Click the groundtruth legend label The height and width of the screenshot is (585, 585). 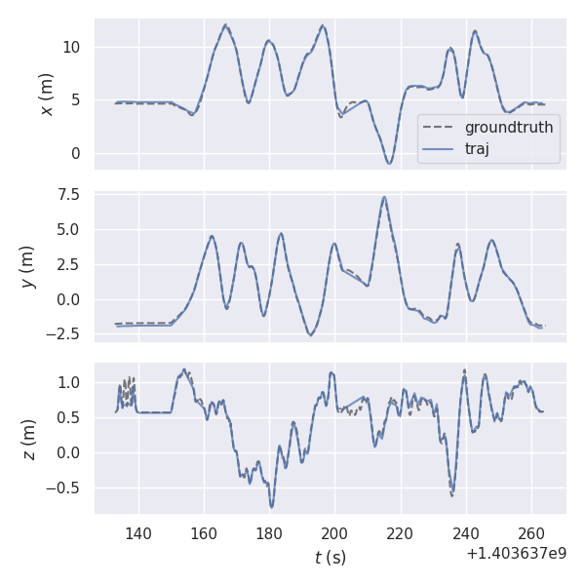[x=509, y=128]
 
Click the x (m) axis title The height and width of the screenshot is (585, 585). [x=46, y=94]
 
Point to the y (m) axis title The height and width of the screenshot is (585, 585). [x=28, y=266]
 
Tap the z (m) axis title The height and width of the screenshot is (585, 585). [x=29, y=439]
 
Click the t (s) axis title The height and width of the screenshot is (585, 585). [x=330, y=558]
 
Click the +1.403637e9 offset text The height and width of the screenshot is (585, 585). [x=516, y=554]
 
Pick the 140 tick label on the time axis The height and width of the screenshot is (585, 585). [x=138, y=533]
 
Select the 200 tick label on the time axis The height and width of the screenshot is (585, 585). [x=334, y=533]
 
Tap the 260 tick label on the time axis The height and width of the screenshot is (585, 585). [x=530, y=533]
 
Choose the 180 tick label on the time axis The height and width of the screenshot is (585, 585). [x=269, y=533]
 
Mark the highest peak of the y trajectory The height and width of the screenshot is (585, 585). [x=384, y=197]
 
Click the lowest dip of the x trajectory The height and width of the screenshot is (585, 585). [x=388, y=163]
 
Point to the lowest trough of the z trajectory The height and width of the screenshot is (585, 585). [x=272, y=506]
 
